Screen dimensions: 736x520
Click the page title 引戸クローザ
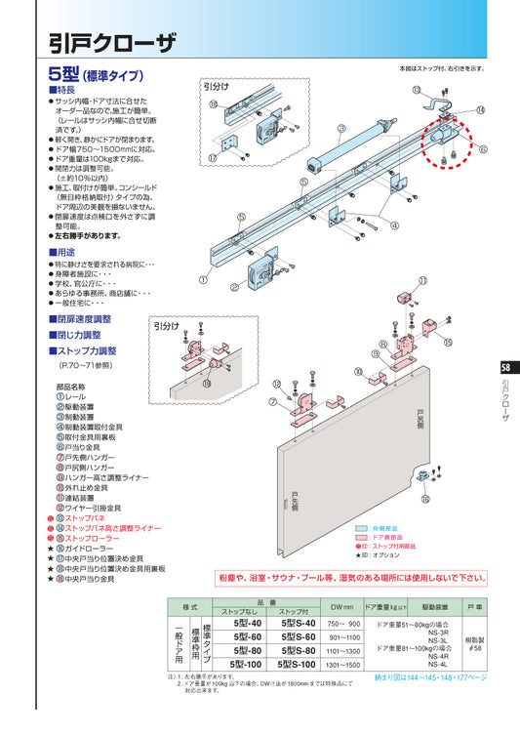(x=112, y=41)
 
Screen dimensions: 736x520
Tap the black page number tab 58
(x=504, y=368)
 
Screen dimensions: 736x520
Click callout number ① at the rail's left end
(x=202, y=278)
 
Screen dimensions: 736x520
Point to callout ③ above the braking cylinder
(x=341, y=128)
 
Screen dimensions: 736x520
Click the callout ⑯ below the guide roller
(x=424, y=499)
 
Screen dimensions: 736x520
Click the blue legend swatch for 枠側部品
(x=365, y=526)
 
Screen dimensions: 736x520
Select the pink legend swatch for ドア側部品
(x=365, y=536)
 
